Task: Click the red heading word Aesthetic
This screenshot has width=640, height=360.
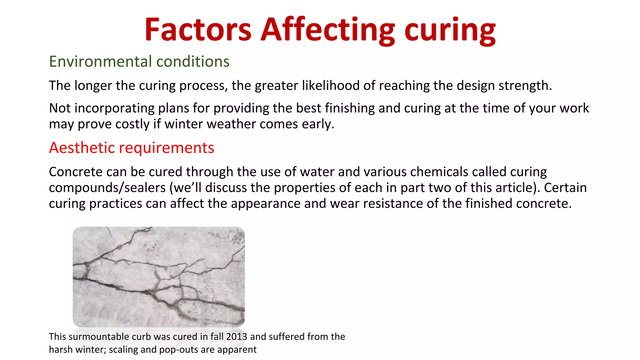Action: (x=82, y=147)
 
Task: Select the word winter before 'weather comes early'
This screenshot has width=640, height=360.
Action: (x=183, y=124)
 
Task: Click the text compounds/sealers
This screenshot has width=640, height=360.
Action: (x=107, y=188)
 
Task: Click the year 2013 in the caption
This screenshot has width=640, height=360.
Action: (x=237, y=337)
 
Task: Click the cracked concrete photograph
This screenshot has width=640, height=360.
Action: (x=159, y=277)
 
